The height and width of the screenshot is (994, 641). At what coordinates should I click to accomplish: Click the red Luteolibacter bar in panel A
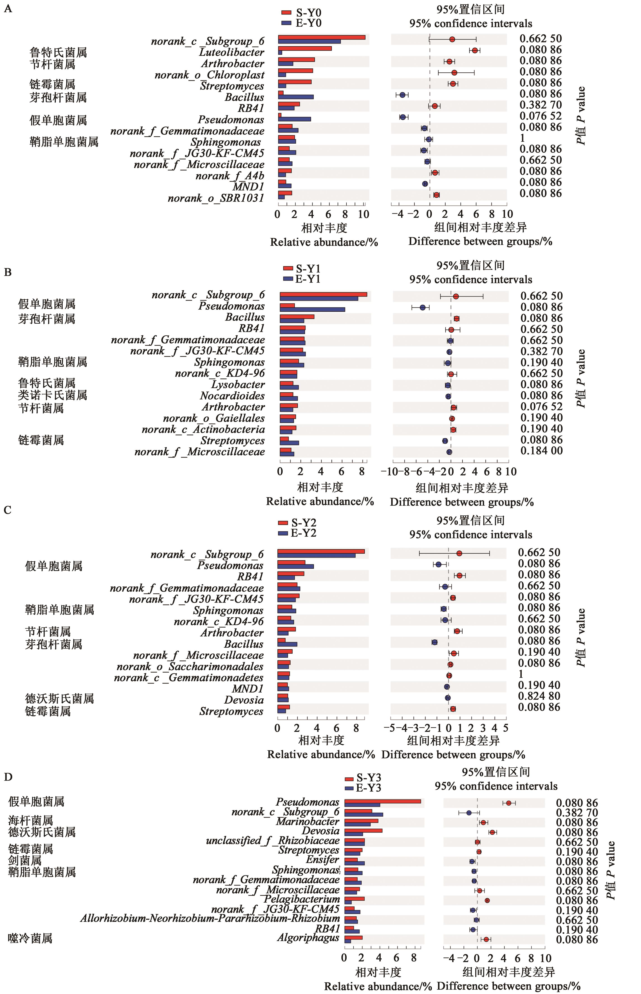tap(305, 48)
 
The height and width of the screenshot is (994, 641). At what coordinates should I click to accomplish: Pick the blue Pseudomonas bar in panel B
tap(312, 309)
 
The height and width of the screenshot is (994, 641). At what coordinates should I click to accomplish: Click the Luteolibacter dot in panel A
tap(475, 50)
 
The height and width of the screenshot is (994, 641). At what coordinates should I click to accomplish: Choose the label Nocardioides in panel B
tap(232, 395)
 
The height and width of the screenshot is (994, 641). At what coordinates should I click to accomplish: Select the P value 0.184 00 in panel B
tap(542, 450)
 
